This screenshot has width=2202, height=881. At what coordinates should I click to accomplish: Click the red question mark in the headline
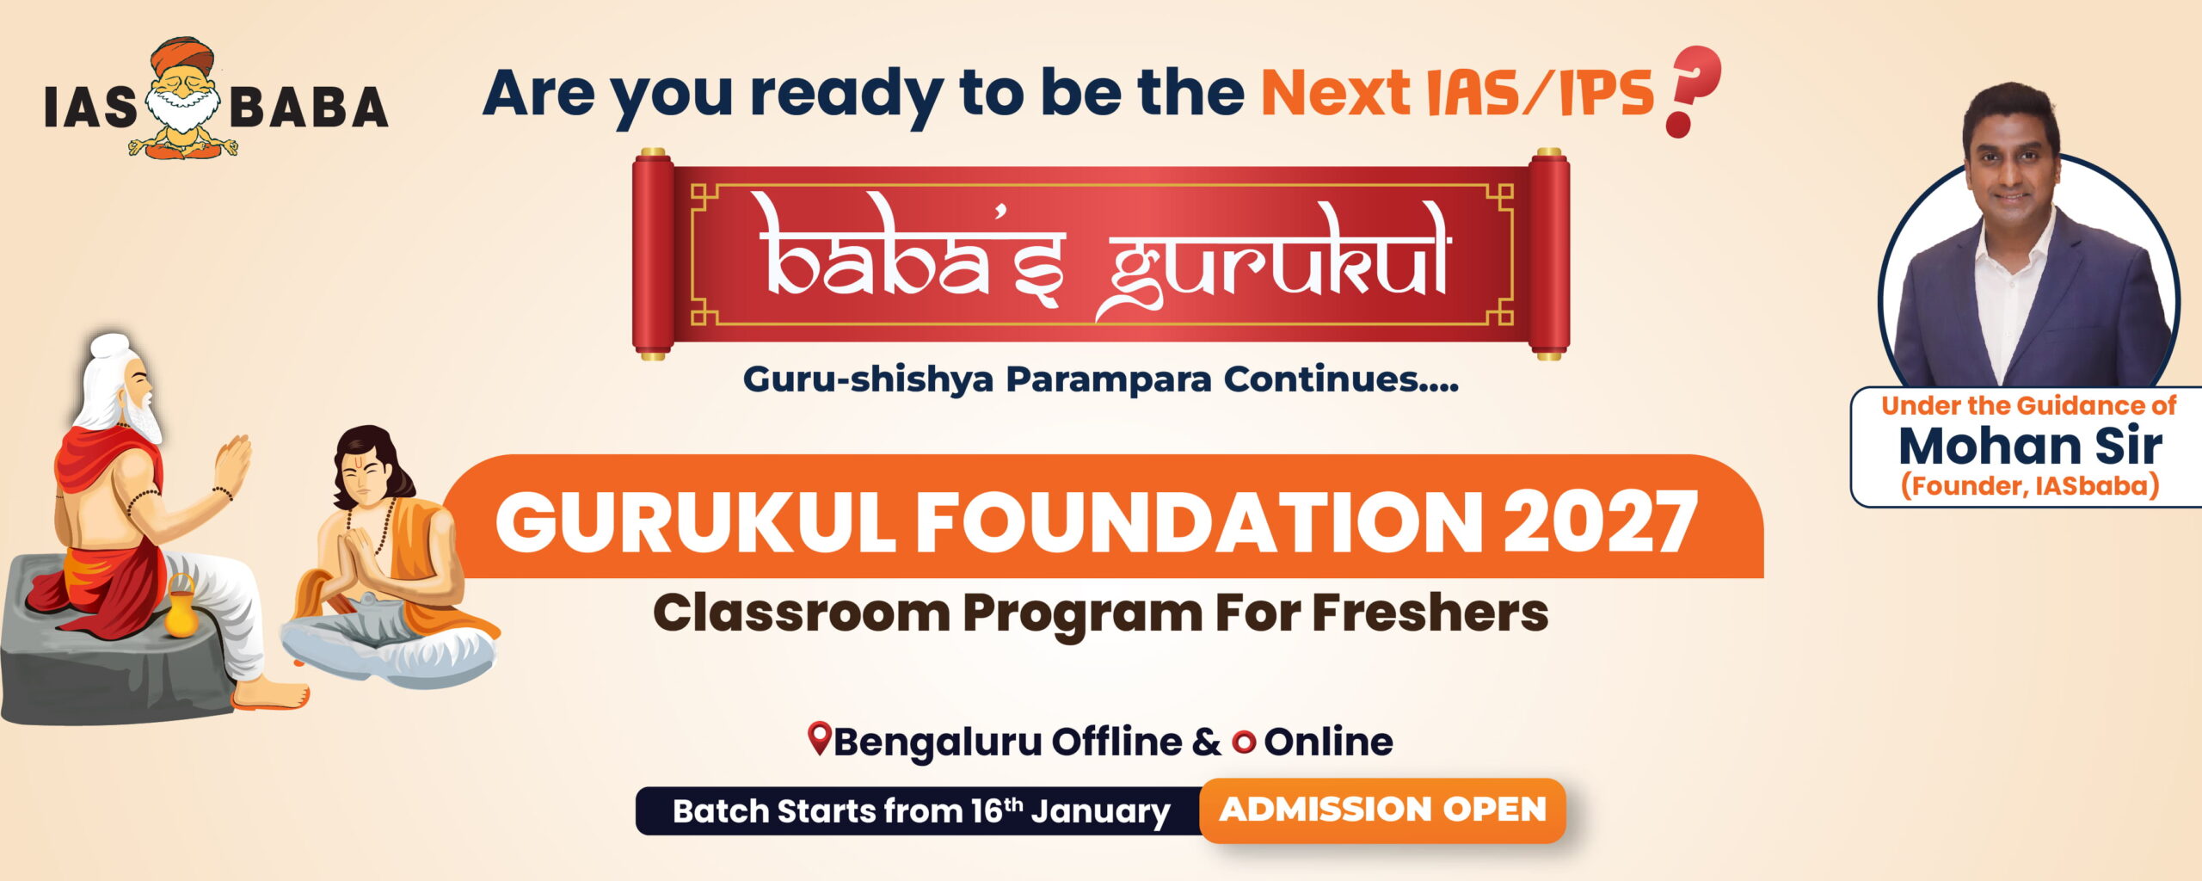click(1692, 90)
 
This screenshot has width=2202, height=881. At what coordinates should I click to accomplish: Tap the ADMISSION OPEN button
click(1382, 810)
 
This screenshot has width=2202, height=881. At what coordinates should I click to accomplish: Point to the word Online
click(1328, 742)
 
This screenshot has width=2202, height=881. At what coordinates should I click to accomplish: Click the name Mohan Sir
click(2030, 446)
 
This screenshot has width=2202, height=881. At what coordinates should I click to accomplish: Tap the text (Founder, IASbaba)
click(2030, 486)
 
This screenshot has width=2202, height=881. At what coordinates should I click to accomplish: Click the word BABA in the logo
click(310, 108)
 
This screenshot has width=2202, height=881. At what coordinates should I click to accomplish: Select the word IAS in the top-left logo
click(91, 108)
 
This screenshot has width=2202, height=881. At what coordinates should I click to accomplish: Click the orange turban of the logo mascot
click(181, 57)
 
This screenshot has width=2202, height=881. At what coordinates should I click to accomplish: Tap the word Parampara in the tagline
click(1109, 379)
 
